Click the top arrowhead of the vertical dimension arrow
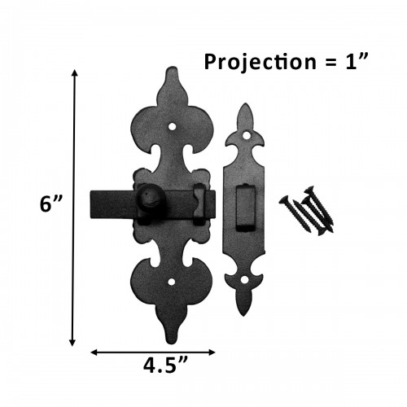pyautogui.click(x=76, y=73)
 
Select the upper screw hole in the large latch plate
pyautogui.click(x=173, y=128)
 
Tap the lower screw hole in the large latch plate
pyautogui.click(x=173, y=282)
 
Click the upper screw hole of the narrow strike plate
pyautogui.click(x=244, y=135)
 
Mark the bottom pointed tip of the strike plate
pyautogui.click(x=243, y=316)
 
